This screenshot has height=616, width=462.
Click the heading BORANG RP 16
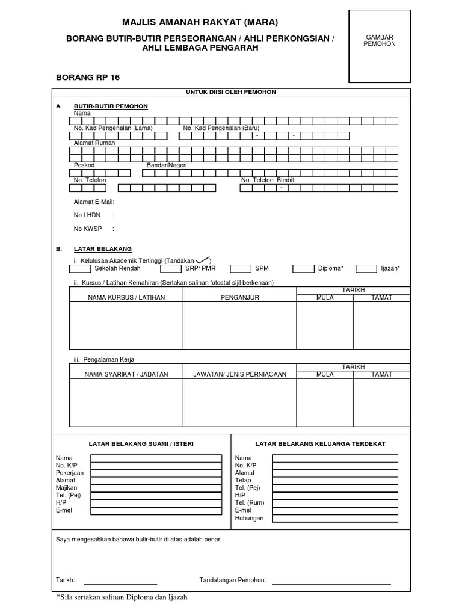pos(84,78)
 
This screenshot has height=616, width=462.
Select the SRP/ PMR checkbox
pos(164,268)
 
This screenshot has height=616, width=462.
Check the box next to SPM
pos(241,268)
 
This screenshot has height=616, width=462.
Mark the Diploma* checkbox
pos(303,268)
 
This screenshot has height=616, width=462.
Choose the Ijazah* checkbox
pos(366,268)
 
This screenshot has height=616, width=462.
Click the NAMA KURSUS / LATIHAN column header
pos(126,297)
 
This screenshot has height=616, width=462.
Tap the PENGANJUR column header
pos(239,297)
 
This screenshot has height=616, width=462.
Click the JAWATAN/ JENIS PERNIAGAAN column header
pos(239,374)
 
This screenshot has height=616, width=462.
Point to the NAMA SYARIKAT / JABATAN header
pos(126,374)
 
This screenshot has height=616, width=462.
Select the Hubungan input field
pos(334,518)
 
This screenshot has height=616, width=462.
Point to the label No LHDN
pos(87,215)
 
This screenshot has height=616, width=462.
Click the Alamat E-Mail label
pos(94,202)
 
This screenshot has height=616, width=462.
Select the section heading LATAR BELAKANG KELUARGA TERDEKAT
pos(320,443)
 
